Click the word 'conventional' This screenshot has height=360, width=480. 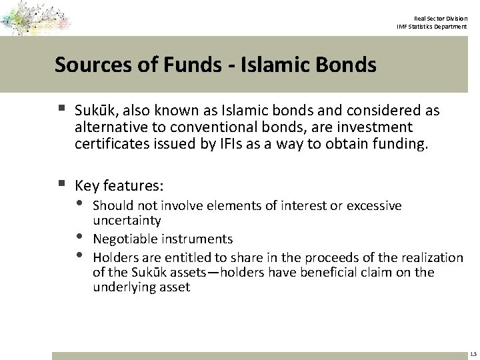click(209, 126)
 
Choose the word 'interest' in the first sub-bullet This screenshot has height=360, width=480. click(305, 205)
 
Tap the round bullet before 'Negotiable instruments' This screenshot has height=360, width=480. click(80, 237)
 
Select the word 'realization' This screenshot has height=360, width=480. click(432, 257)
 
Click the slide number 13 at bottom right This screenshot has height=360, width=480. click(472, 353)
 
